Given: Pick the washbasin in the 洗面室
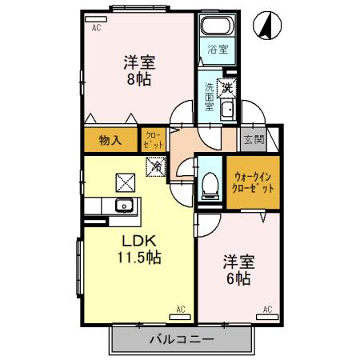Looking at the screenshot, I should tap(227, 110).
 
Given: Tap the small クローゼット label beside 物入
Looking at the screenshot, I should tap(153, 140).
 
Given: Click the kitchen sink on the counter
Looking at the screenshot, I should tap(124, 206).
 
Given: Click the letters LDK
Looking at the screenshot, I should tap(137, 240).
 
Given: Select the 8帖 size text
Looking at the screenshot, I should tap(138, 79).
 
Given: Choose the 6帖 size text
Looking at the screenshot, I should tap(238, 278).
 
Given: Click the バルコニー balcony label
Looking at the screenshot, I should tap(182, 340).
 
